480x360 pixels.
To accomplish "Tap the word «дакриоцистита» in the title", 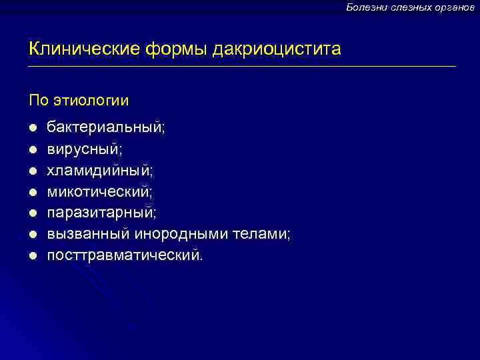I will coord(277,49).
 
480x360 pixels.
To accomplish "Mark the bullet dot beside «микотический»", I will coord(32,192).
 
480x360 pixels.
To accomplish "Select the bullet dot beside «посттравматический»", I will coord(32,256).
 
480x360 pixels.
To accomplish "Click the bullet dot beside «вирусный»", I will coord(32,149).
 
